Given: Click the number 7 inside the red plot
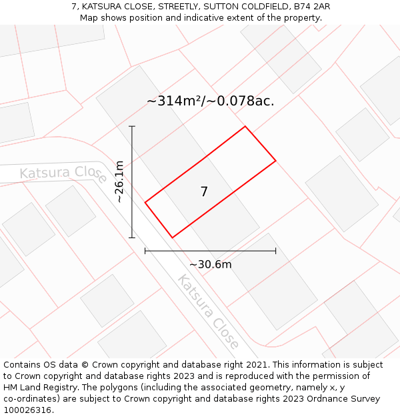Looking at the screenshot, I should [204, 192].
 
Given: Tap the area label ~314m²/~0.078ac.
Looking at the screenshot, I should [211, 101].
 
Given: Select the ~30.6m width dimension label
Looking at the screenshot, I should [211, 264].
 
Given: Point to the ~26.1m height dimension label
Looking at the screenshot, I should [119, 181].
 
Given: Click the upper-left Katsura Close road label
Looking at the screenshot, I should [63, 173].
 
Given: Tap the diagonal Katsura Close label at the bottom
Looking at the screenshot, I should [208, 312].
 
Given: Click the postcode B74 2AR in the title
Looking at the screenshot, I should [308, 7].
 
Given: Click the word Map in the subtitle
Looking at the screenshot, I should [89, 17].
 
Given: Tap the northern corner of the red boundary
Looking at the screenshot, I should [245, 126].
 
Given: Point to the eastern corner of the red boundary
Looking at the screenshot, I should [275, 160].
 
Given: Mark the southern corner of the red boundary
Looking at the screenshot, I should [173, 238].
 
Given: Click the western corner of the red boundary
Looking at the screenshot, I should [145, 202].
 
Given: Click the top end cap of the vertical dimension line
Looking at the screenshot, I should [132, 126].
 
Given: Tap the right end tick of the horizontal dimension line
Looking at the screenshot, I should [275, 251].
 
